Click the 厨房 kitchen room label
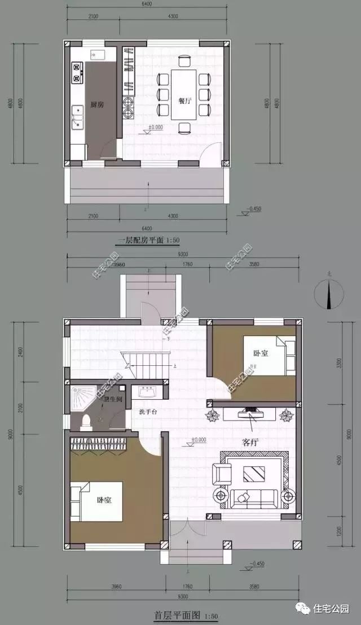[x=96, y=104]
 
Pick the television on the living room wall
[x=250, y=413]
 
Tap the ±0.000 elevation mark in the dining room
[x=155, y=128]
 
